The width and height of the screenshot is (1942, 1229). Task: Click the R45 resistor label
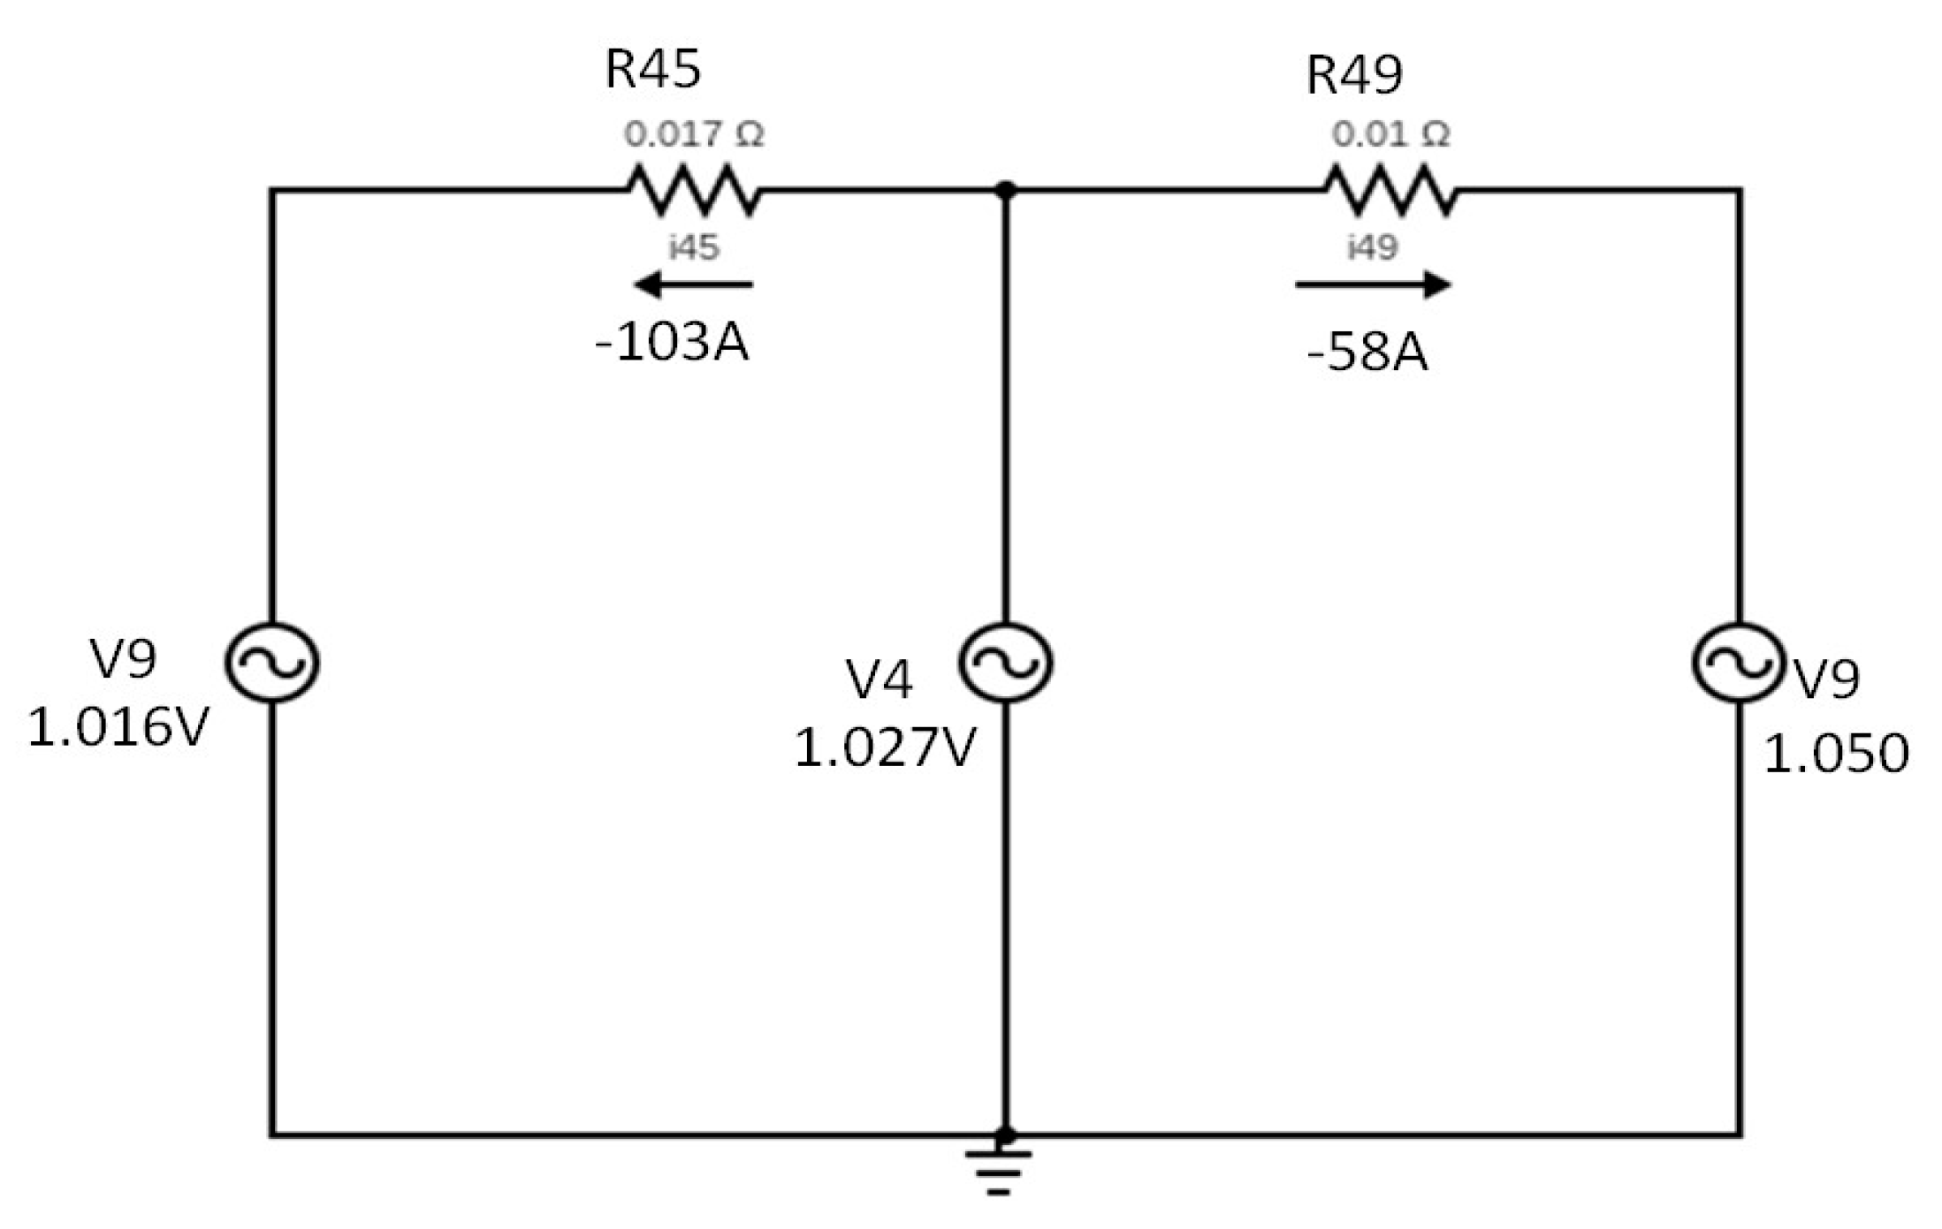pos(652,68)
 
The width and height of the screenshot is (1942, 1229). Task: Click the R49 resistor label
pos(1353,74)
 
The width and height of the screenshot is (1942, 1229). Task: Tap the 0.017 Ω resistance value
pos(693,134)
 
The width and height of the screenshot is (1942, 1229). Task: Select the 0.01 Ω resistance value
pos(1390,134)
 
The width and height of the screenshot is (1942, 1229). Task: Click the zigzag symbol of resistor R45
pos(694,190)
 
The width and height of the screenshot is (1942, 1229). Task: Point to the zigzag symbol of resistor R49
pos(1390,190)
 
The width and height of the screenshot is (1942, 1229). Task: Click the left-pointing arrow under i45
pos(693,284)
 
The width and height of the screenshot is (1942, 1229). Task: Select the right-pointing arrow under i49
pos(1373,284)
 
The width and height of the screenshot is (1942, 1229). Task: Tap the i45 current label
pos(694,247)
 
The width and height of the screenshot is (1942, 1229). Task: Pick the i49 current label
pos(1372,247)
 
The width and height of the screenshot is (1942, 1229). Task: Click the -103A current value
pos(672,342)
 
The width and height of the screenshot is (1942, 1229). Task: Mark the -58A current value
pos(1367,352)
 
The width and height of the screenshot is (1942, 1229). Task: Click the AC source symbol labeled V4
pos(1005,663)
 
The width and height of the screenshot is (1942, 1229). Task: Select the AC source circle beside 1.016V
pos(271,663)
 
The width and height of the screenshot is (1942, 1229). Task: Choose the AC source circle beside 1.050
pos(1739,663)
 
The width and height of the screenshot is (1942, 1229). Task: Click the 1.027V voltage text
pos(884,747)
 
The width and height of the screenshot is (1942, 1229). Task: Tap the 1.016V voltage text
pos(118,727)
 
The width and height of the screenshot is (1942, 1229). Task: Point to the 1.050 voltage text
pos(1836,754)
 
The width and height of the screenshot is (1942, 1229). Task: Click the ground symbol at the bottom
pos(999,1170)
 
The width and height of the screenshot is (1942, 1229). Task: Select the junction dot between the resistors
pos(1005,190)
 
